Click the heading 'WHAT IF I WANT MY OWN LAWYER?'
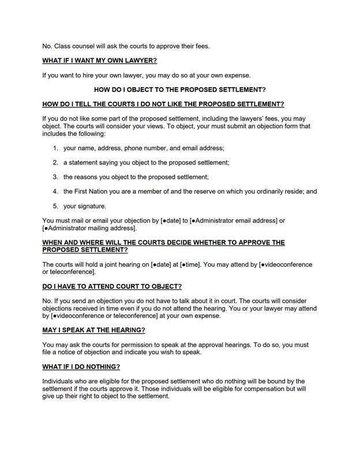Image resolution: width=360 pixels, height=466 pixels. (99, 61)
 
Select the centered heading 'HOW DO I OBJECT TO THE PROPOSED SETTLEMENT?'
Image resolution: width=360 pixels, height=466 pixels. (179, 90)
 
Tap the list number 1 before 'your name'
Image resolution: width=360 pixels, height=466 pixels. (55, 148)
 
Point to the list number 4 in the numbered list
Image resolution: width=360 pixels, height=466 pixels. (55, 191)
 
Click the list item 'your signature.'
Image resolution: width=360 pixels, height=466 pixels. (85, 206)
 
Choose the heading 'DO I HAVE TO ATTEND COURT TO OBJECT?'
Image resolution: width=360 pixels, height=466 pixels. (112, 286)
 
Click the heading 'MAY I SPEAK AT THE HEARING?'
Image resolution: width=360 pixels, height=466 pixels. (93, 330)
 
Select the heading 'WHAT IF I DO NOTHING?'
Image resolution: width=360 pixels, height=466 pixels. (81, 367)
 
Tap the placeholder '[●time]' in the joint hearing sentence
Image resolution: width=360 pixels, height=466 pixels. (190, 264)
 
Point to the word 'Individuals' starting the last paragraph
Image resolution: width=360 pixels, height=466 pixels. (59, 381)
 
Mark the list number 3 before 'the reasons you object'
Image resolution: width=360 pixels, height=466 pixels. (55, 177)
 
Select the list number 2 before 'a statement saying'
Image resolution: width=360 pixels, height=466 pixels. (55, 162)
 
